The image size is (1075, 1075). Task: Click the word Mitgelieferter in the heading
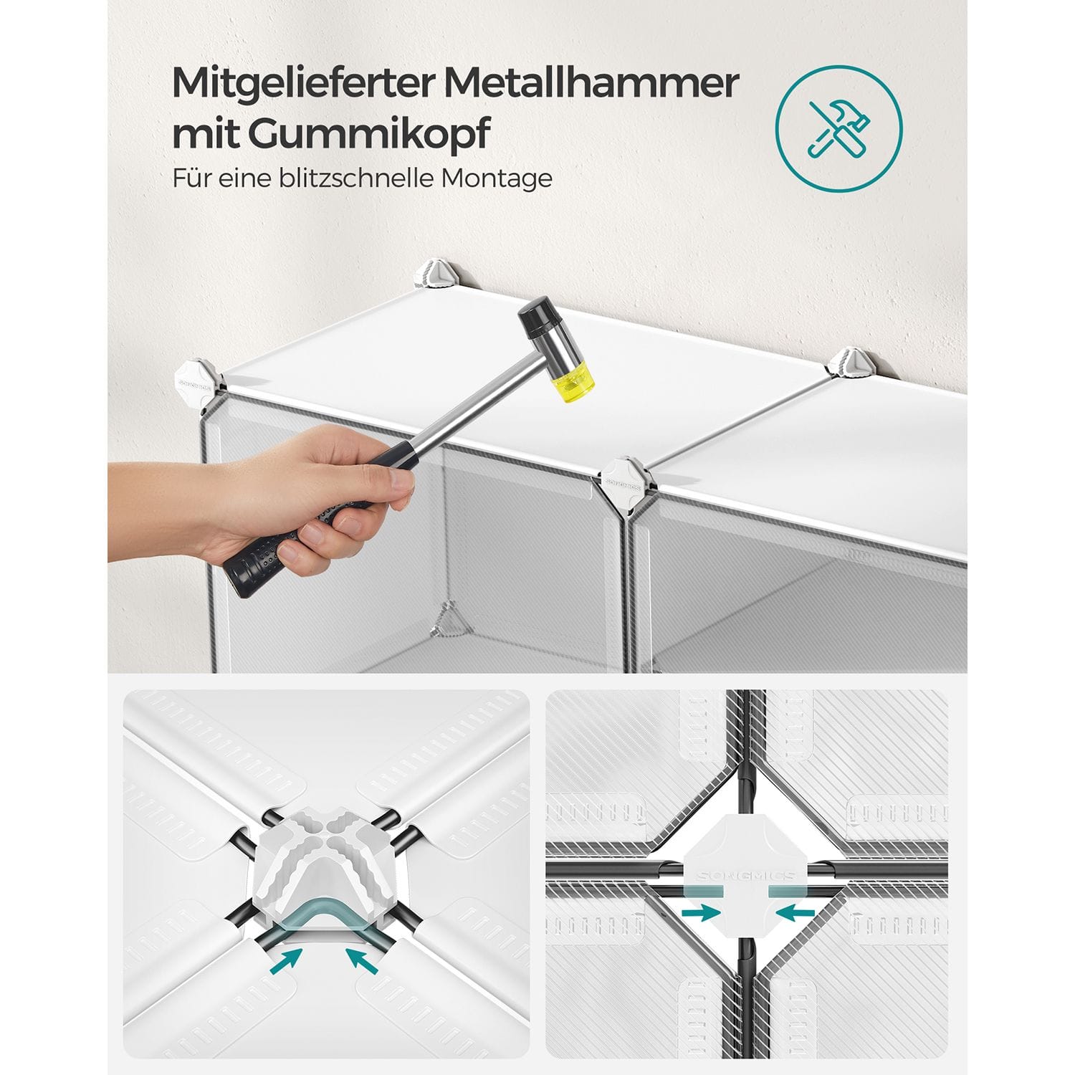303,85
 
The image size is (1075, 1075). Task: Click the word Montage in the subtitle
497,178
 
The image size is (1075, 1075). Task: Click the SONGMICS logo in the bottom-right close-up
746,876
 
